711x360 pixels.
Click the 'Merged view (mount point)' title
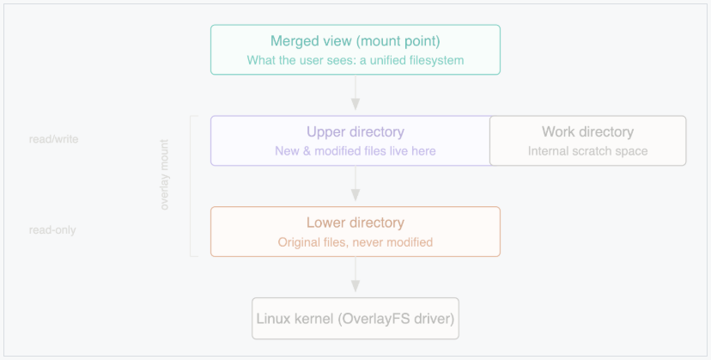[x=355, y=41]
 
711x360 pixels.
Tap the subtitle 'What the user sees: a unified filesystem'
[x=355, y=60]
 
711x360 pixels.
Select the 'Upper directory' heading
[x=355, y=131]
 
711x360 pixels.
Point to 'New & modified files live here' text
[x=355, y=151]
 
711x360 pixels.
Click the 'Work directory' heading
[x=587, y=131]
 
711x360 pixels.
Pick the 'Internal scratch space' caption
[x=587, y=151]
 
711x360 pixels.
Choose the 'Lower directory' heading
[x=355, y=223]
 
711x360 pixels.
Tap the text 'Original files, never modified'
[x=355, y=242]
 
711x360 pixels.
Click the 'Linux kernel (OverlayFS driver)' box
[x=355, y=318]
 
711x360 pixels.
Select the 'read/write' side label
[x=53, y=139]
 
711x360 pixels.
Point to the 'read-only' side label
[x=52, y=229]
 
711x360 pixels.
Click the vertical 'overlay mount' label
[x=164, y=174]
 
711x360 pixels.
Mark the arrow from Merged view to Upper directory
[x=355, y=93]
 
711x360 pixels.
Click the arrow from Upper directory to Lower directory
[x=355, y=183]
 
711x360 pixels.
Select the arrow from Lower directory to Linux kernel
[x=355, y=275]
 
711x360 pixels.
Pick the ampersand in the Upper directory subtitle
[x=307, y=151]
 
